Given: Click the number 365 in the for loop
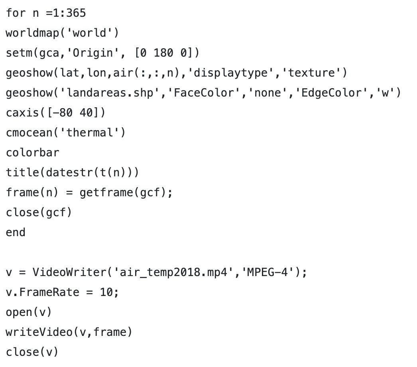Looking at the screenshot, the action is pos(76,13).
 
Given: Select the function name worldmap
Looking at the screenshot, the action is pos(32,33).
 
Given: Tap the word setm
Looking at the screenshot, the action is pos(19,53).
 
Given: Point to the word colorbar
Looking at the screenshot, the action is pos(32,153).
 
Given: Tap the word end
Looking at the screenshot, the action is pos(16,233).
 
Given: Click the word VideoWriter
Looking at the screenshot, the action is pos(69,272).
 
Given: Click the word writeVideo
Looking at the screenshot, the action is pos(39,332).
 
